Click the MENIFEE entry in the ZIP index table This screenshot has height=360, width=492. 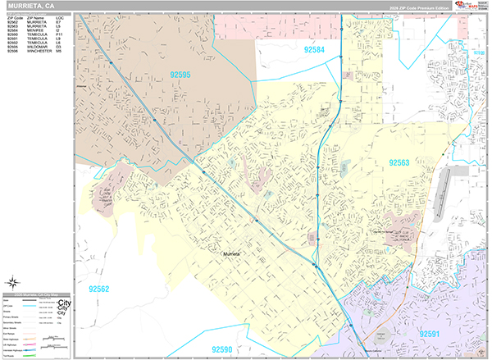pos(36,30)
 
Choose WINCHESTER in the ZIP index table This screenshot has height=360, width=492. pos(39,50)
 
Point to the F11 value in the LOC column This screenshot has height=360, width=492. pos(59,34)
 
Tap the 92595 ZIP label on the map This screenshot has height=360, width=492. pos(180,75)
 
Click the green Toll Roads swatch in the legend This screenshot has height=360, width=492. pos(30,354)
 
